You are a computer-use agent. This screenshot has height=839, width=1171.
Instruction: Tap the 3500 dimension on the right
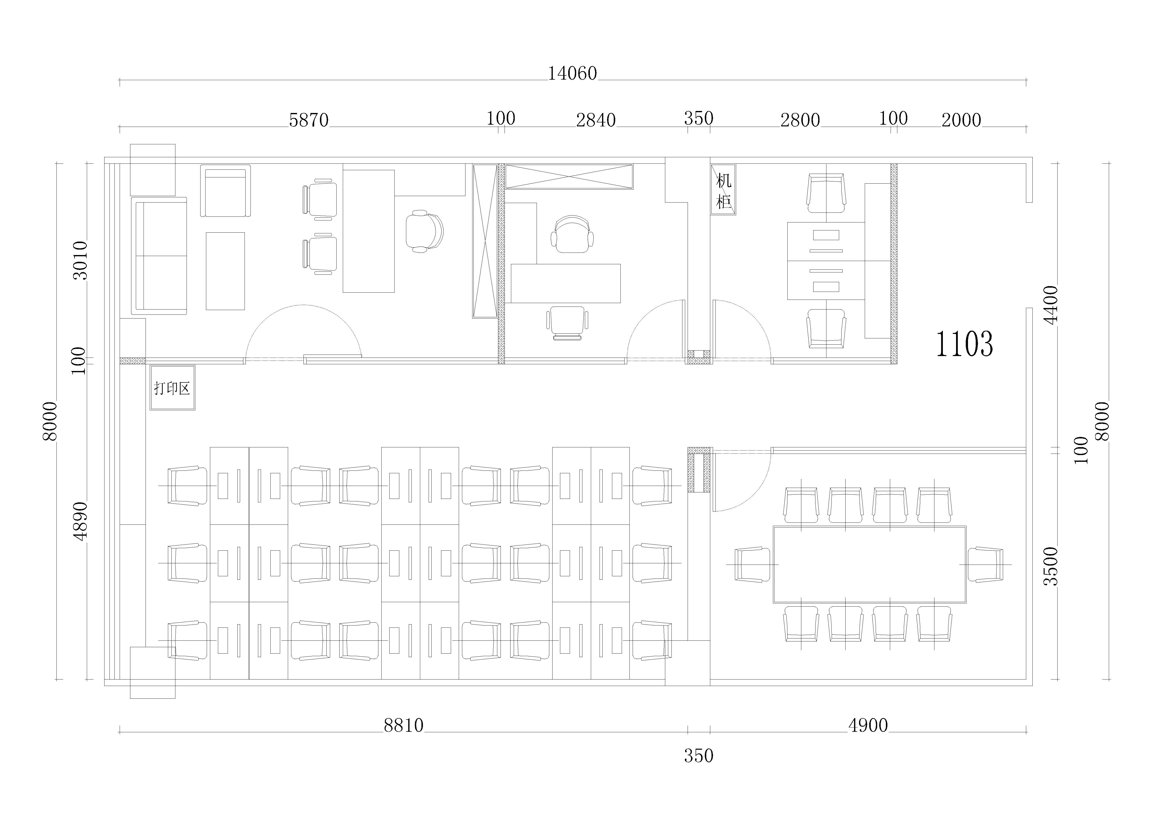coord(1051,566)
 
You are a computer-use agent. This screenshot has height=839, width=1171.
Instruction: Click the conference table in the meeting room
coord(869,564)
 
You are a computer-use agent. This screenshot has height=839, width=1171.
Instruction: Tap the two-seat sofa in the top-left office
coord(159,256)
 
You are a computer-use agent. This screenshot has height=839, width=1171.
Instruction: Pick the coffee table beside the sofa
coord(225,271)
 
